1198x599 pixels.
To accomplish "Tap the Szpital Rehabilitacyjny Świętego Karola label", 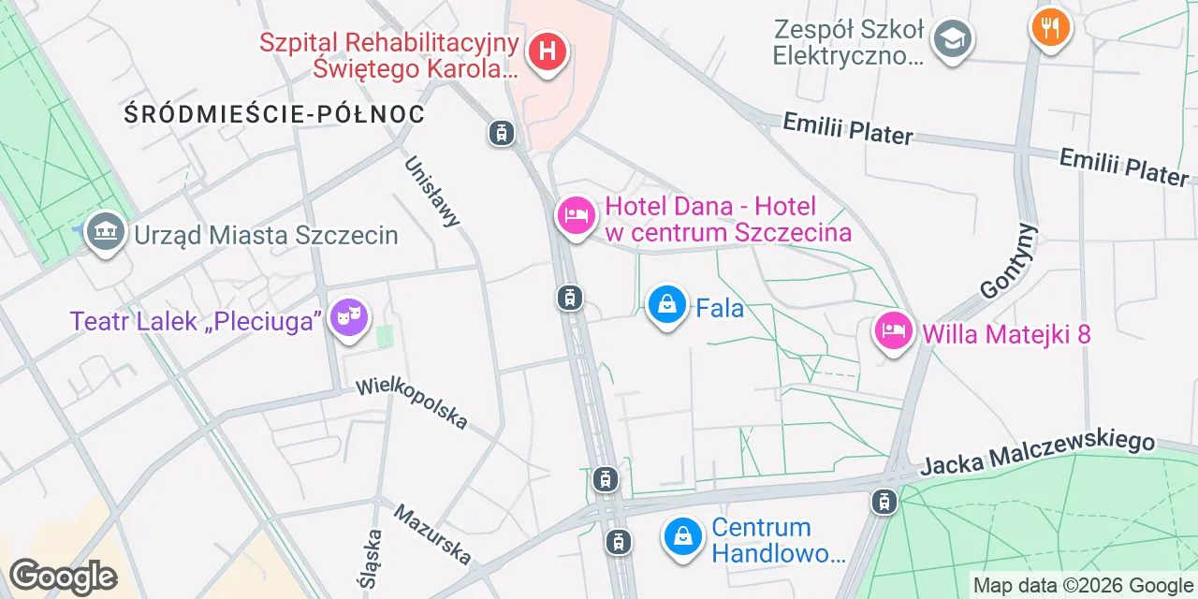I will coord(388,55).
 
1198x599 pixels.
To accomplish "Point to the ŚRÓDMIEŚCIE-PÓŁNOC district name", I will coord(274,114).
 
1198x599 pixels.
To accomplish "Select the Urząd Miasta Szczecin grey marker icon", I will coord(105,231).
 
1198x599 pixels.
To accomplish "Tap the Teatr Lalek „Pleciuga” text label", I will coord(196,321).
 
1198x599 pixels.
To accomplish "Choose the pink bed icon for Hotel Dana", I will coord(576,216).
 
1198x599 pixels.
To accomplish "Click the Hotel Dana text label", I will coord(728,219).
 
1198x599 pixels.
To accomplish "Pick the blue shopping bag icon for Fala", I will coord(667,304).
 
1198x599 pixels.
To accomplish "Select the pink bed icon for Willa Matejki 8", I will coord(894,330).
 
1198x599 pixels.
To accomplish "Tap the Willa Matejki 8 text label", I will coord(1006,334).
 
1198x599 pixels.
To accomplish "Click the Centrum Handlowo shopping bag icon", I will coord(684,537).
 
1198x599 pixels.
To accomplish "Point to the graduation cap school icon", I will coord(953,39).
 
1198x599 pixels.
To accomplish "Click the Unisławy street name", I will coord(432,191).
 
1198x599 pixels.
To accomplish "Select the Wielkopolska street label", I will coord(412,403).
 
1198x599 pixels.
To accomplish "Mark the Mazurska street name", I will coord(432,534).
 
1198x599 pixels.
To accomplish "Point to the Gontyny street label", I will coord(1010,260).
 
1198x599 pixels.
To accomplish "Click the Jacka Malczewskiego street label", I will coord(1037,453).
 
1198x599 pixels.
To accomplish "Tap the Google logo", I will coord(63,577).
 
